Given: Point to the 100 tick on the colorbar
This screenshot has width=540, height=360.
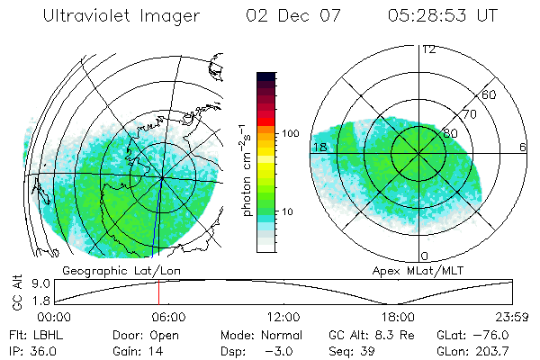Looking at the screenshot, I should [x=289, y=132].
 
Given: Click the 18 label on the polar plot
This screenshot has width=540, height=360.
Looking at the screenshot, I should [x=319, y=147].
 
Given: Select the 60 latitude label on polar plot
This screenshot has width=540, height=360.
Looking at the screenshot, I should [x=490, y=94].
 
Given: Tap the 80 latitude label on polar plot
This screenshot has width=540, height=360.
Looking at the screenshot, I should [x=451, y=133].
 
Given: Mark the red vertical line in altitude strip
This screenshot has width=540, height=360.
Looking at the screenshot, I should [x=158, y=292].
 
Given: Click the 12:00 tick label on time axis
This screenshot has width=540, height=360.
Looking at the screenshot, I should [x=283, y=317].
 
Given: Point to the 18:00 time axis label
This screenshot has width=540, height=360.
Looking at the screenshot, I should [x=398, y=317].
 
